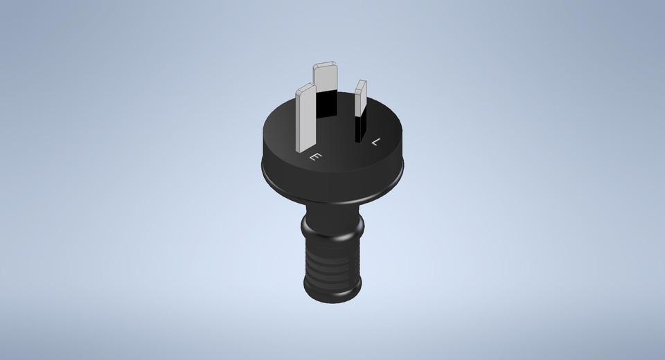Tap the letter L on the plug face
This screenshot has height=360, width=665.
coord(376,142)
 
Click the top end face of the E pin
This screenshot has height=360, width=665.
coord(304,89)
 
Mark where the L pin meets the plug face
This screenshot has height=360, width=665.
coord(360,141)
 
